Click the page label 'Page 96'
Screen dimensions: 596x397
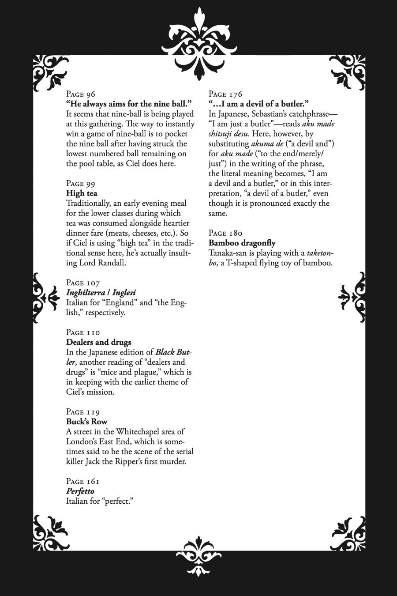(81, 94)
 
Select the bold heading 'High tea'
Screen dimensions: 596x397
(82, 193)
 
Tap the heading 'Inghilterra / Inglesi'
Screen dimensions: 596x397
(101, 292)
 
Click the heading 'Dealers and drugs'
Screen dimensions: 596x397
(98, 342)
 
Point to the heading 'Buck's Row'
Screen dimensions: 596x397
(86, 422)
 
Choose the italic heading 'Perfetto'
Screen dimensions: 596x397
(80, 491)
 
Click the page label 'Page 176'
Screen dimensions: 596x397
(225, 94)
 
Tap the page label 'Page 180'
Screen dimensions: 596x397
(225, 233)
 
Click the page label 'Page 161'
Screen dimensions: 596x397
(82, 481)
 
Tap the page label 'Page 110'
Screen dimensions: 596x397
(83, 332)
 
